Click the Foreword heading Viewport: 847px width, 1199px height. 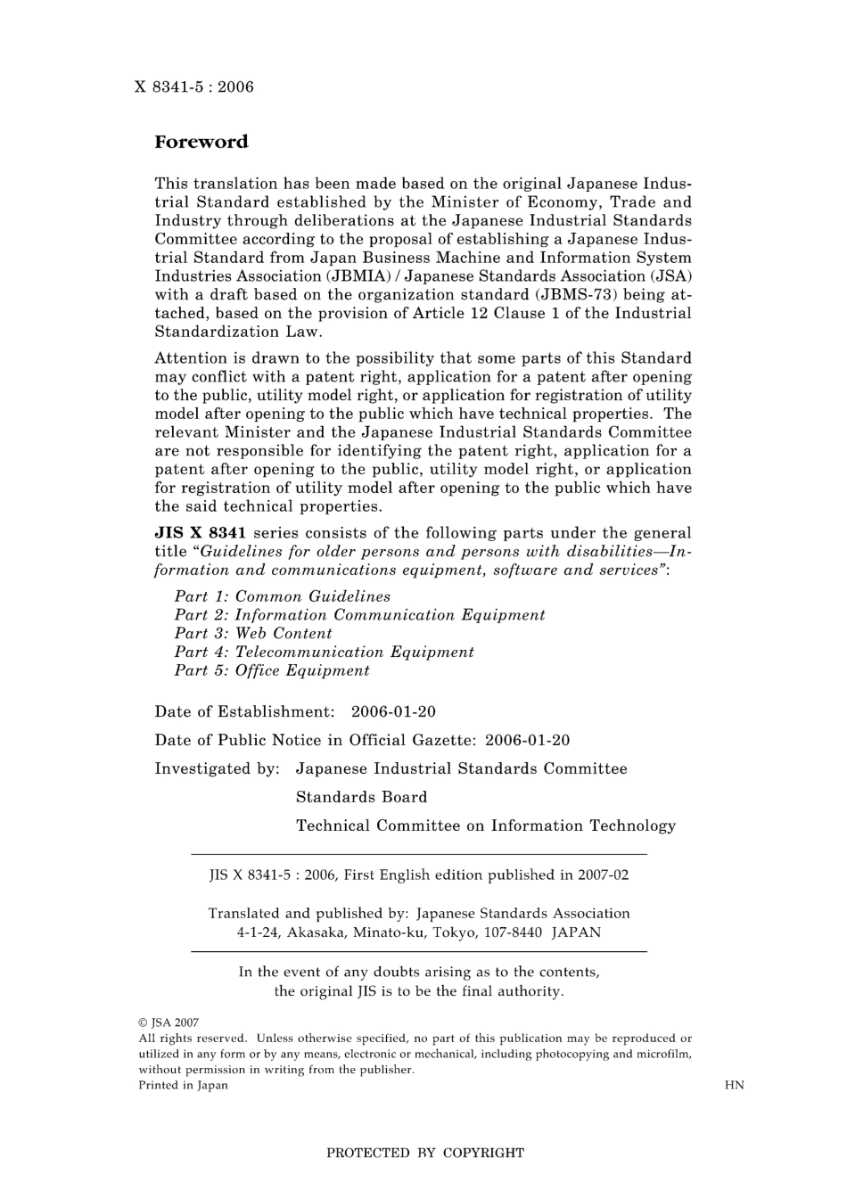pos(201,142)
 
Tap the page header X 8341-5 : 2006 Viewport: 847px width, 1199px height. pos(193,86)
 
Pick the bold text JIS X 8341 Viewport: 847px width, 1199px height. pos(200,533)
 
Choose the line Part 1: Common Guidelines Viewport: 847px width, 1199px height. pos(282,596)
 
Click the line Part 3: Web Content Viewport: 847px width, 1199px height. pos(253,634)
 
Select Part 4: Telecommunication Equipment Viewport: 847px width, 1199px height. pos(324,653)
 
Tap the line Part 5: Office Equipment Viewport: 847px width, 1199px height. pos(271,671)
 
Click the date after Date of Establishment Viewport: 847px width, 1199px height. pos(393,712)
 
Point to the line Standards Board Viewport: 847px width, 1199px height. pos(361,797)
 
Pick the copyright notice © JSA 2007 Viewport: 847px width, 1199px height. pos(169,1022)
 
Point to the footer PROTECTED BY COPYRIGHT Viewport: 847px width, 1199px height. pos(425,1153)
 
